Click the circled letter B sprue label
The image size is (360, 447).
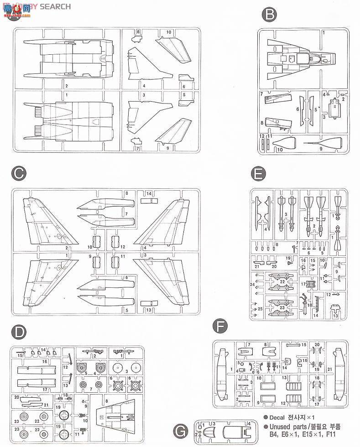269,16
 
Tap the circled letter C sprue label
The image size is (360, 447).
18,174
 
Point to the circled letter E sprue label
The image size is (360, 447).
258,174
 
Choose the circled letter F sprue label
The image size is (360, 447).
221,326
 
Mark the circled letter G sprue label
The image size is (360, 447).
181,430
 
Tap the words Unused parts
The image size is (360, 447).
292,427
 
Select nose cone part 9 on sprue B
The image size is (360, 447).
324,143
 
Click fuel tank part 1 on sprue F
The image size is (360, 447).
223,374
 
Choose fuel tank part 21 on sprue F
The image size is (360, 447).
338,374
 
